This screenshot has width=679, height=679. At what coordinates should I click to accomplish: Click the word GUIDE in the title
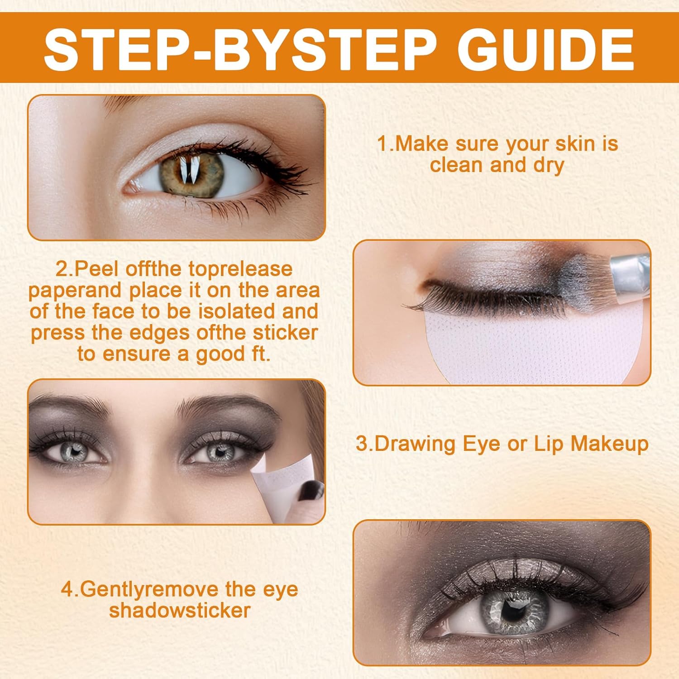pyautogui.click(x=545, y=48)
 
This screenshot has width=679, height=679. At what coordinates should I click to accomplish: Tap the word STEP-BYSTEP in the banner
pyautogui.click(x=240, y=48)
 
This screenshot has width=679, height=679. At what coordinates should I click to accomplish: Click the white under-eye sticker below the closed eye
pyautogui.click(x=493, y=344)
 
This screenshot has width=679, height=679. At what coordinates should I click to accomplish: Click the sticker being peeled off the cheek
pyautogui.click(x=272, y=484)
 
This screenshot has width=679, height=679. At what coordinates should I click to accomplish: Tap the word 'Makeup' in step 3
pyautogui.click(x=609, y=445)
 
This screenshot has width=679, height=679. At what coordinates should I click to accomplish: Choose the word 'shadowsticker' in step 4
pyautogui.click(x=180, y=610)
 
